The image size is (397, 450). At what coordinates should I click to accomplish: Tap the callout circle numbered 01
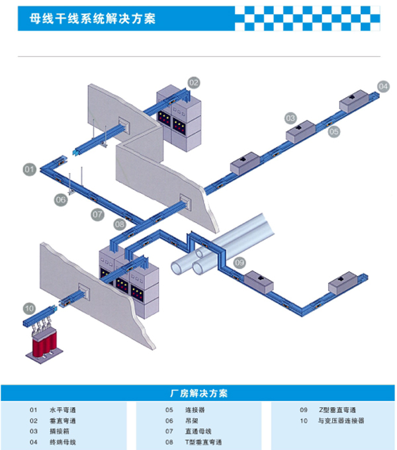pos(29,169)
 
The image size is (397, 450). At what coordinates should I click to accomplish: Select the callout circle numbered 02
pos(193,83)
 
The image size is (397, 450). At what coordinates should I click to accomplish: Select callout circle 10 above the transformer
pos(29,308)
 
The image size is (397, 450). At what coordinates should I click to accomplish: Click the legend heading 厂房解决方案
pos(198,392)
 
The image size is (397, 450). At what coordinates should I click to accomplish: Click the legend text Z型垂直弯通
pos(337,410)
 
